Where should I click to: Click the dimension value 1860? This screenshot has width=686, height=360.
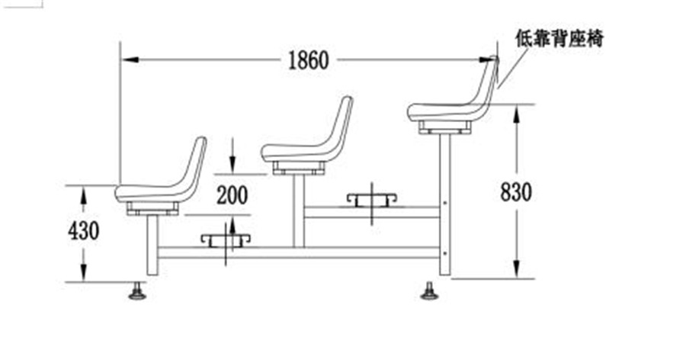308,59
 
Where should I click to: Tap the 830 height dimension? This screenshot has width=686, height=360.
516,191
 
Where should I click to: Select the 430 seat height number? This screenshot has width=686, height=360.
84,230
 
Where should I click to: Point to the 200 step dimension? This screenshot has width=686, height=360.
232,195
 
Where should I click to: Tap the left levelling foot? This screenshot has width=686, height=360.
137,292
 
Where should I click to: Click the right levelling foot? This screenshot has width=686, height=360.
429,291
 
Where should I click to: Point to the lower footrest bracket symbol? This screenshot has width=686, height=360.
226,240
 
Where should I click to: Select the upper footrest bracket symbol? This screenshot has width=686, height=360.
372,199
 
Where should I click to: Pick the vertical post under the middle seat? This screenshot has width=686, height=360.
298,210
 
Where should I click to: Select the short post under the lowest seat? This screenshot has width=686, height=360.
152,244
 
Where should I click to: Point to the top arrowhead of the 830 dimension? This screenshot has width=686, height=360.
516,111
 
